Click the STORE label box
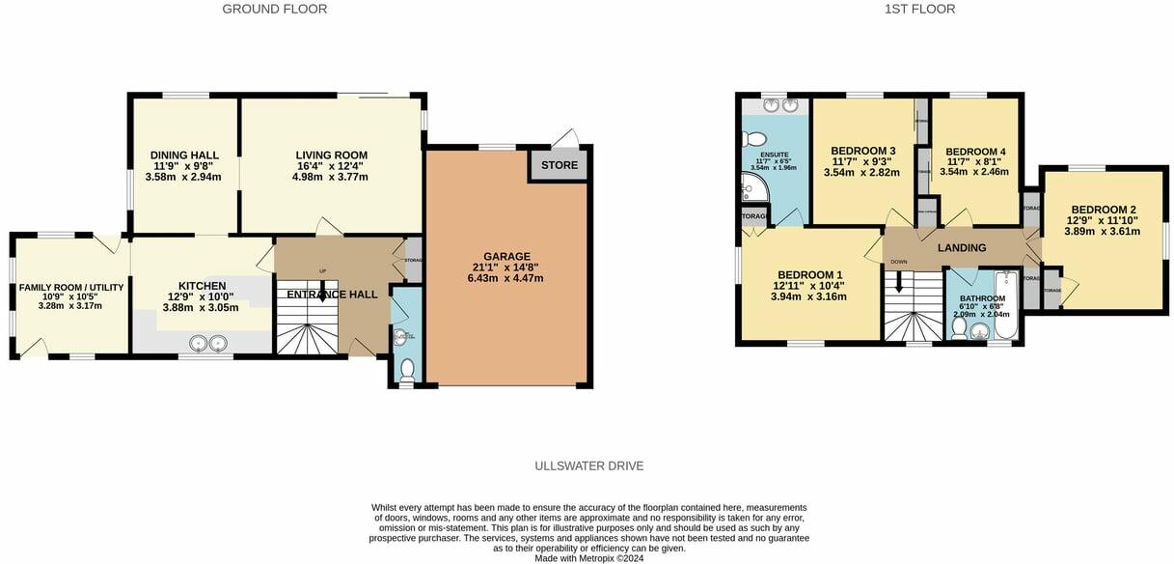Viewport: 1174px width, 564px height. point(560,165)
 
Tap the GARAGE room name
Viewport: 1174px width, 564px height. point(506,256)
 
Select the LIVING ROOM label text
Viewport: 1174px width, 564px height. point(331,155)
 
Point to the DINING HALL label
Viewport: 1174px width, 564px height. point(184,155)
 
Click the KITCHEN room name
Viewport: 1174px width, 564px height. point(202,286)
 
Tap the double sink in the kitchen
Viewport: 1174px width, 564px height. point(209,341)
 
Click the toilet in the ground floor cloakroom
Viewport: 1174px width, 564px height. point(407,369)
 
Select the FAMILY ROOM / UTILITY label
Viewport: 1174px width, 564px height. point(70,287)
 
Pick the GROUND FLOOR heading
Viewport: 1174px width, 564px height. point(275,10)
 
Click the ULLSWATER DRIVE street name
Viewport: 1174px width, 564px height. point(588,466)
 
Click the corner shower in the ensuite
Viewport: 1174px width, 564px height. point(751,187)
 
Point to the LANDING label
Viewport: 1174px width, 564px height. point(962,248)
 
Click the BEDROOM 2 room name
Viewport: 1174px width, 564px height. point(1103,210)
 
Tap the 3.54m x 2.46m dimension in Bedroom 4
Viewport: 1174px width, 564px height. point(976,172)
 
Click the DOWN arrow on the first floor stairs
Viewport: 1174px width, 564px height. point(899,283)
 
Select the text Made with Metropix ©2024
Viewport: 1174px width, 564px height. point(589,557)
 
